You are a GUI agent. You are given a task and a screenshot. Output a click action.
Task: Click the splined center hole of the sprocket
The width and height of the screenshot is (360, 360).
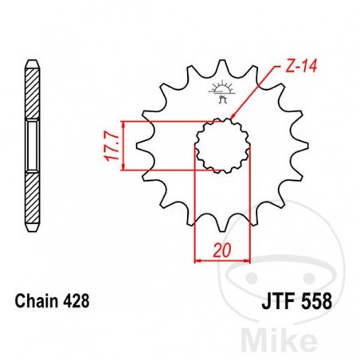[x=220, y=145]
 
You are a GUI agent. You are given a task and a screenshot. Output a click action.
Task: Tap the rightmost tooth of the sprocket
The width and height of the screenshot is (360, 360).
[x=300, y=145]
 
